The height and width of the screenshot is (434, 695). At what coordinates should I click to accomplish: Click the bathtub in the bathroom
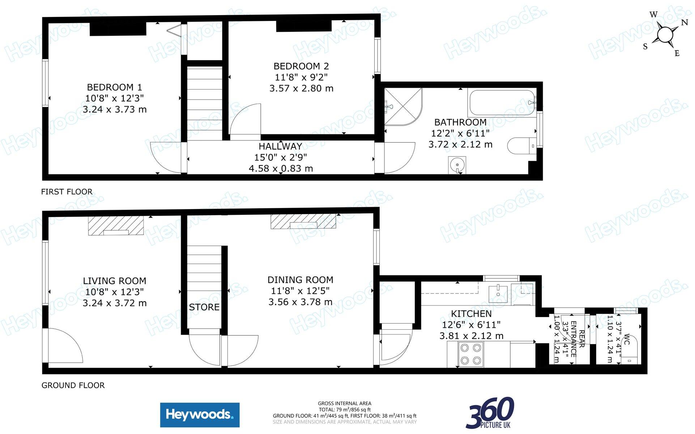coord(502,102)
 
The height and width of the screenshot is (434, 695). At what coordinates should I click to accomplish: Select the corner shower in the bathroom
coord(402,107)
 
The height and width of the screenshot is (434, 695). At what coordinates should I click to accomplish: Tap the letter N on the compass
coord(684,22)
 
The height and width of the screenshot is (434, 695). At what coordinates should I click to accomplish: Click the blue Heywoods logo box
coord(200,415)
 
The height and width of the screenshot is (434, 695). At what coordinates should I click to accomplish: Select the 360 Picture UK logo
coord(490,413)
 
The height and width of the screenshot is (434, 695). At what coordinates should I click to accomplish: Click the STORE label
coord(204,307)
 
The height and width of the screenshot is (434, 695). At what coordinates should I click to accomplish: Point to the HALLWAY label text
coord(280,146)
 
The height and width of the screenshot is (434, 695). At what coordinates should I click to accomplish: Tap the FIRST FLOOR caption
coord(67,192)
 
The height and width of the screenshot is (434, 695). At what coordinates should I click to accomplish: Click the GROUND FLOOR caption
coord(73,385)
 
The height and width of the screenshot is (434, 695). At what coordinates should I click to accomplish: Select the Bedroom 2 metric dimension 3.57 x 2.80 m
coord(301,88)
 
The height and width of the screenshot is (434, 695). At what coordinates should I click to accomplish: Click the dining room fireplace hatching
coord(303,221)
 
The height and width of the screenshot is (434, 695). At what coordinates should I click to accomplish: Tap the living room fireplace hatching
coord(116,226)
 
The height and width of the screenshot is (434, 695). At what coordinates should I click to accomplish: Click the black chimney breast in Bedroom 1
coord(118,29)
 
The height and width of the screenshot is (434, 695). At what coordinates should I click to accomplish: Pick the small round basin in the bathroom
coord(457,165)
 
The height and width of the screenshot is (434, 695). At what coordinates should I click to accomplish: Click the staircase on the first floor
coord(204,104)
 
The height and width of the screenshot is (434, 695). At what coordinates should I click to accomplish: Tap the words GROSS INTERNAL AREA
coord(345,403)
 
